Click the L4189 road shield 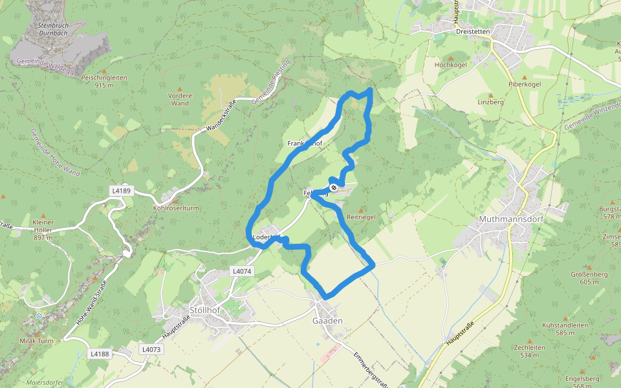click(121, 191)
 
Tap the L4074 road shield click(241, 272)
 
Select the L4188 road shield click(100, 354)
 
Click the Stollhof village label click(206, 310)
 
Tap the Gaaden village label click(327, 321)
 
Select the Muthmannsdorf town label click(510, 219)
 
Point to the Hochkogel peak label click(450, 65)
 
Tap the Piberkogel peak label click(525, 85)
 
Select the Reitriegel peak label click(361, 217)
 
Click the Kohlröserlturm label click(176, 208)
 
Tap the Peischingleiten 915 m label click(104, 81)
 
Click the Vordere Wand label click(180, 100)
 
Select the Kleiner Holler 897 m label click(43, 226)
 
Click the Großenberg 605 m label click(571, 277)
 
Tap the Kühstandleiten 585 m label click(565, 329)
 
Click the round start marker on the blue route click(334, 188)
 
